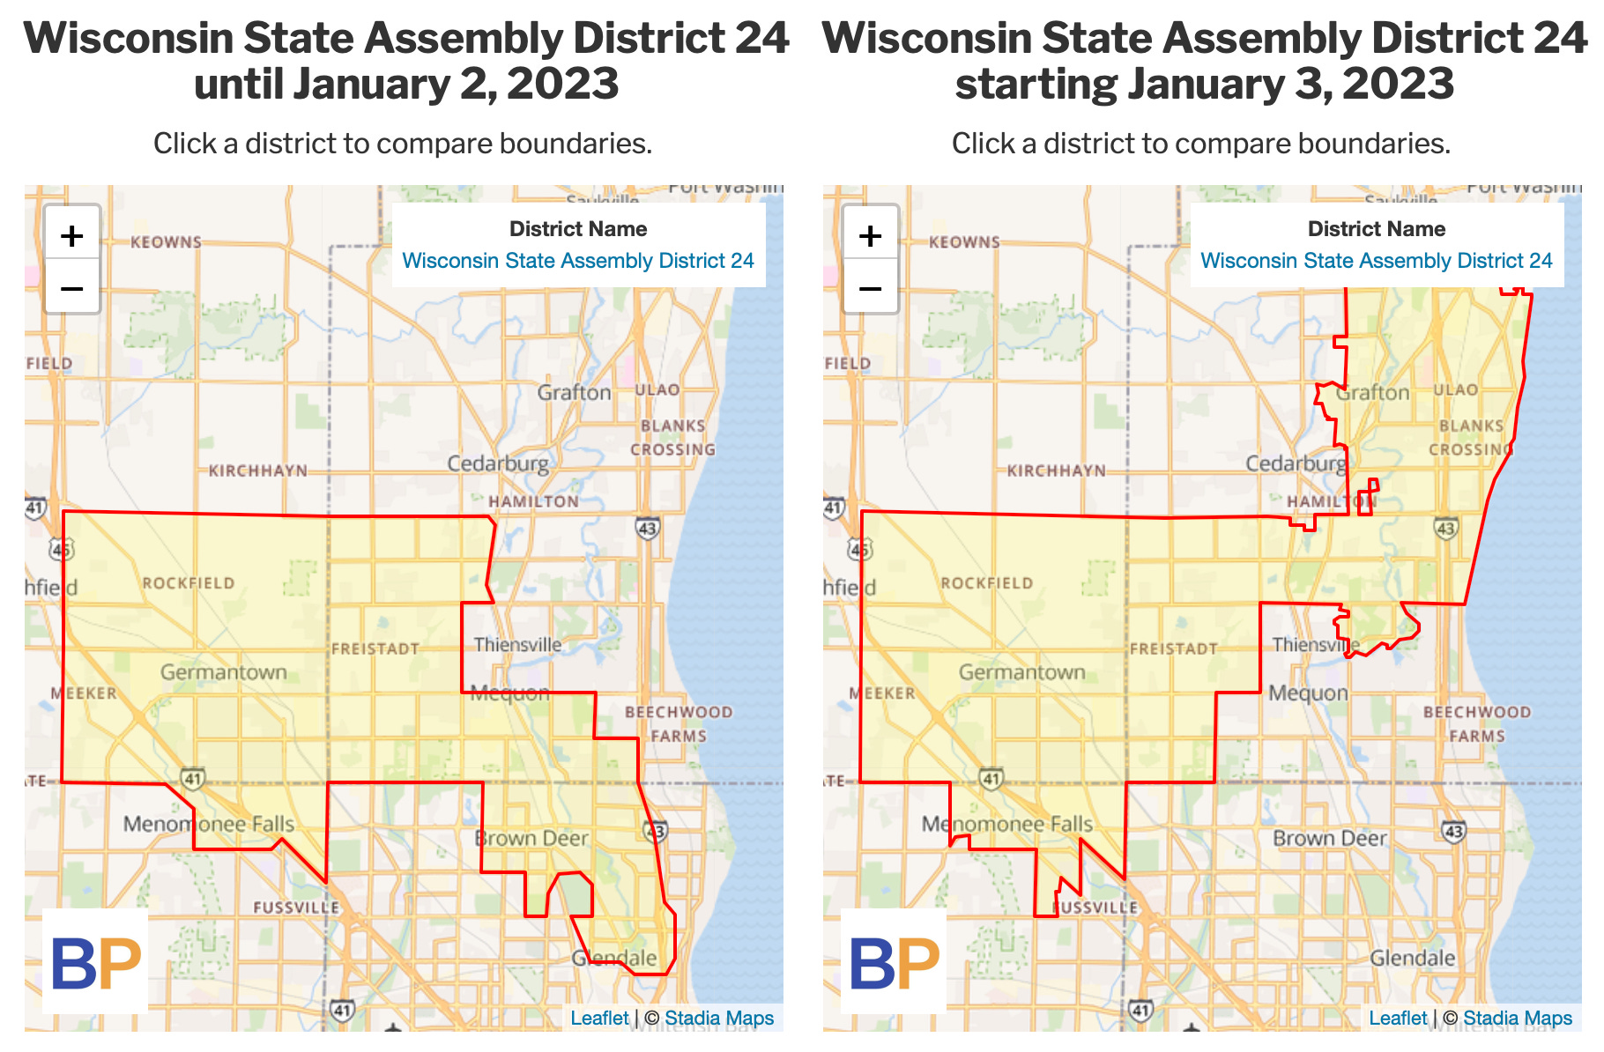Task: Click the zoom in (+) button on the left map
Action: tap(72, 235)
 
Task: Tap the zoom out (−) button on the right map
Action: tap(870, 288)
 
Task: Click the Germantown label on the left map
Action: tap(224, 672)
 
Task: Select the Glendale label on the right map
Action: tap(1412, 958)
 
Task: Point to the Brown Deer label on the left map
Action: tap(531, 838)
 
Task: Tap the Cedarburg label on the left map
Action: tap(498, 463)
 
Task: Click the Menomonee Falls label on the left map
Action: tap(209, 824)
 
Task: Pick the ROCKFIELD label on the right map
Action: tap(986, 583)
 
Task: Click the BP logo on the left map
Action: tap(96, 963)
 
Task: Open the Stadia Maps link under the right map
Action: tap(1517, 1018)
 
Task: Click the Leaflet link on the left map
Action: tap(599, 1018)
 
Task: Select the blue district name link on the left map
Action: tap(578, 261)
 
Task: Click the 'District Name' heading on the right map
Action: tap(1376, 229)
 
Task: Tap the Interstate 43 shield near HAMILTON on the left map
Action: tap(648, 528)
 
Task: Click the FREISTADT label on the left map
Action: tap(375, 649)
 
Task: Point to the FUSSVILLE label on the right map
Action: tap(1095, 908)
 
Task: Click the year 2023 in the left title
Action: tap(563, 85)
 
